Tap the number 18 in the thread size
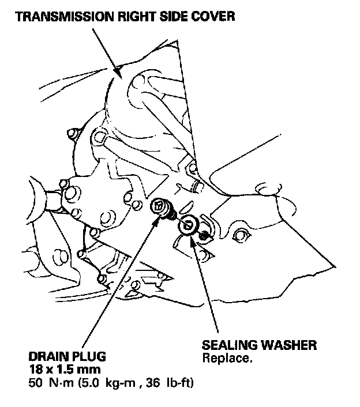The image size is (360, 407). click(x=34, y=368)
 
